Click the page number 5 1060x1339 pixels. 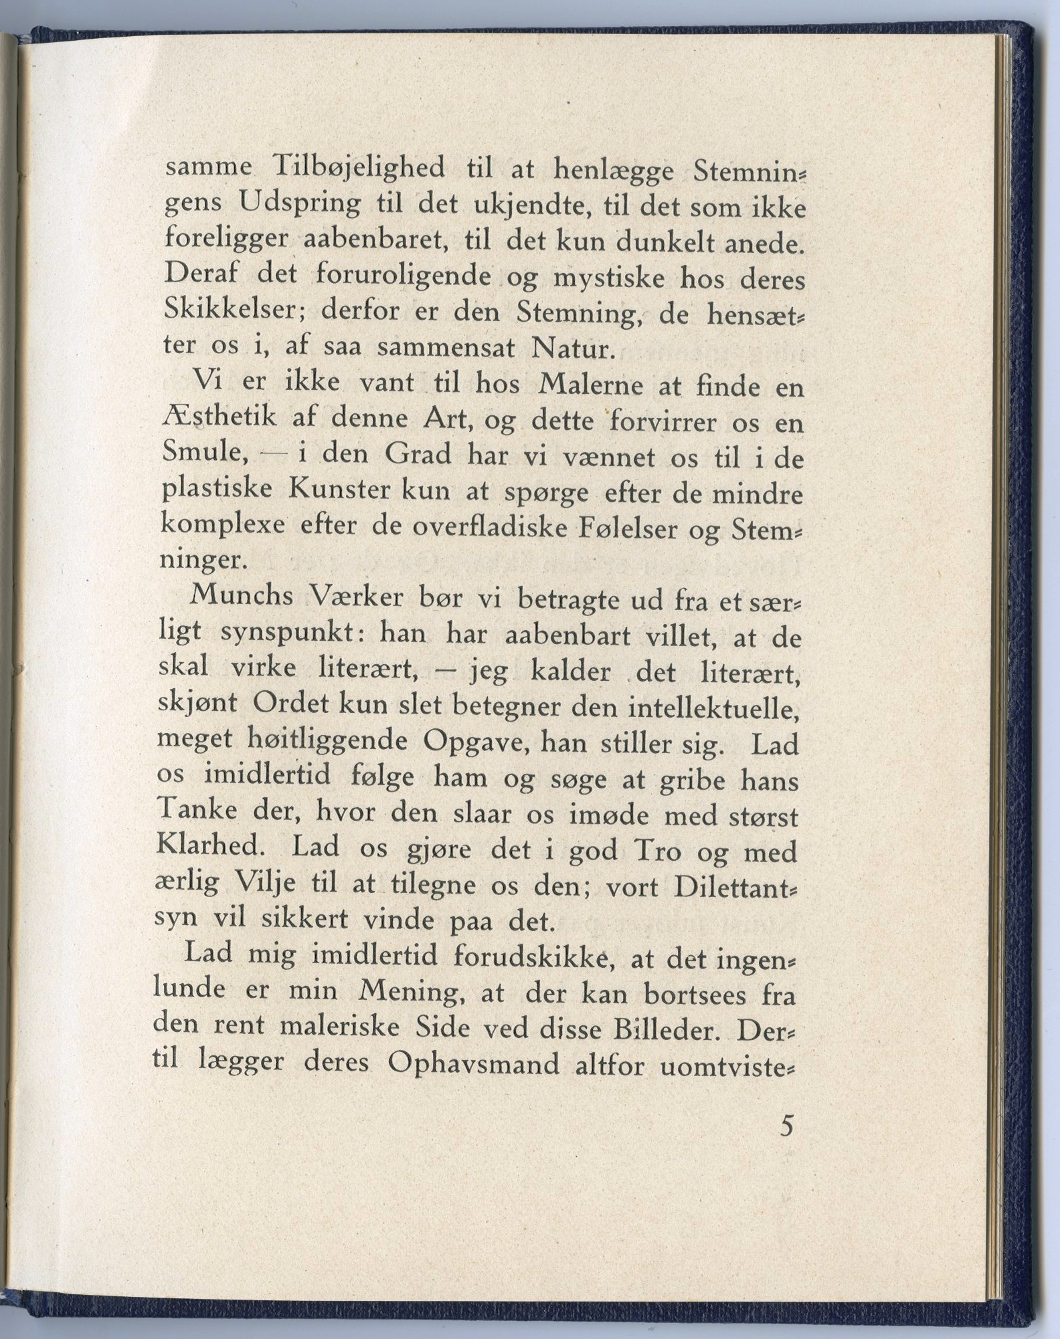[x=786, y=1126]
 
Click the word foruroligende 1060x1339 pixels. [x=404, y=276]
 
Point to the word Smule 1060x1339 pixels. [x=205, y=454]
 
